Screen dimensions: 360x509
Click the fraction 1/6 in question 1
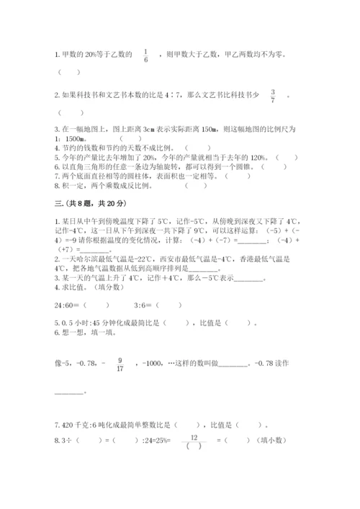click(x=145, y=55)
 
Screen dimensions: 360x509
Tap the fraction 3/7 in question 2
click(x=273, y=96)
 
